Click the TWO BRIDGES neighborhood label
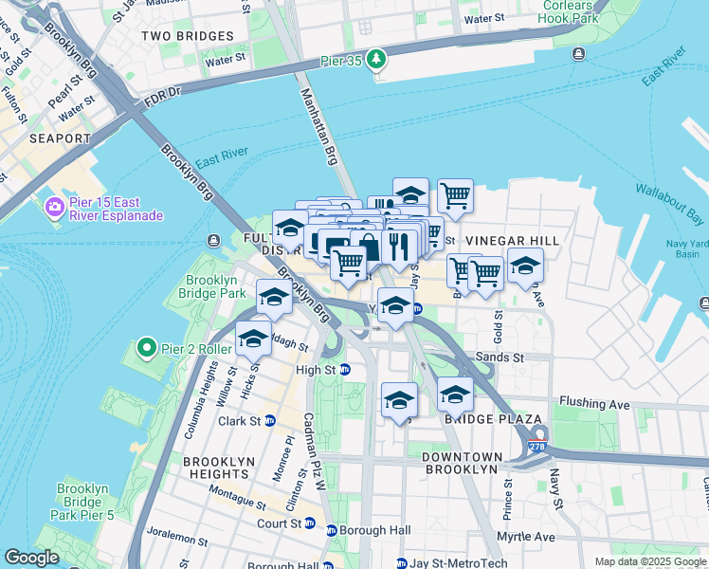tap(187, 36)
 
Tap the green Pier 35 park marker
tap(377, 59)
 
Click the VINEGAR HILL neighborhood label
tap(506, 242)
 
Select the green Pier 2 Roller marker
tap(146, 348)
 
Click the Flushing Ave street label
tap(594, 404)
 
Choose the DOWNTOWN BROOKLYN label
tap(461, 463)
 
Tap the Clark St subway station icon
tap(269, 421)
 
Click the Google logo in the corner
tap(31, 558)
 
